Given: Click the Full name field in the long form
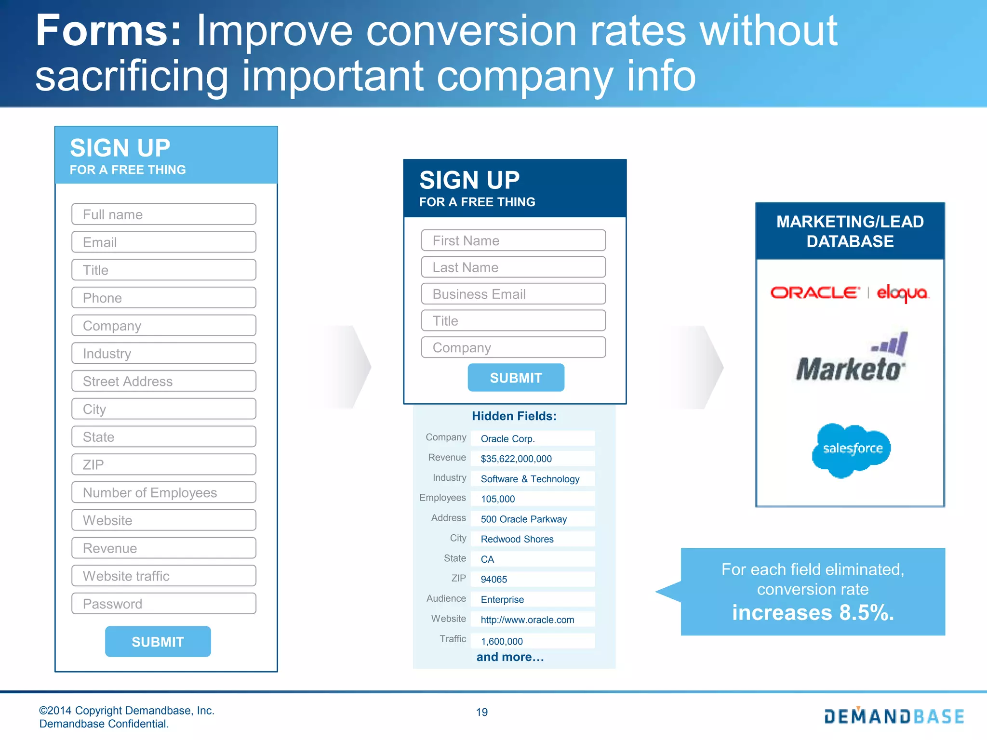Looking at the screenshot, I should tap(163, 214).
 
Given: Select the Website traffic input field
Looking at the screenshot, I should tap(163, 576).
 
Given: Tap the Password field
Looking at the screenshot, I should tap(163, 604).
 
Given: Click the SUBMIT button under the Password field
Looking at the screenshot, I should tap(158, 642).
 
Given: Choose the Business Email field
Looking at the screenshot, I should tap(513, 294).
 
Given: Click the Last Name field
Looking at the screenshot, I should tap(513, 267).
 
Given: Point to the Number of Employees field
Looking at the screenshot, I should tap(163, 492).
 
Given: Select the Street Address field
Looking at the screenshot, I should tap(163, 381).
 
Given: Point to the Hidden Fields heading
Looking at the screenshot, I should tap(514, 416).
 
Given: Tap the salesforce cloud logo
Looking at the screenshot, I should tap(852, 449).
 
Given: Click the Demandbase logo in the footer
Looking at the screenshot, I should tap(894, 716).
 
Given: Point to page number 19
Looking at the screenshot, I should tap(482, 712).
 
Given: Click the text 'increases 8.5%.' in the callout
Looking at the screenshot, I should tap(813, 613).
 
